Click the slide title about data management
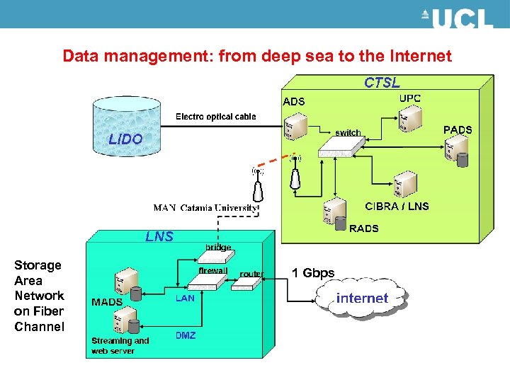[x=256, y=56]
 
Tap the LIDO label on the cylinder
[x=125, y=139]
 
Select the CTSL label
[x=382, y=83]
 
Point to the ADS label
[x=294, y=102]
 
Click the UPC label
[x=410, y=98]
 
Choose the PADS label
[x=458, y=129]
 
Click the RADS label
[x=364, y=228]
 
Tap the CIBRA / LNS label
[x=397, y=207]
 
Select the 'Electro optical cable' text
[x=216, y=117]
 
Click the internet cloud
[x=362, y=298]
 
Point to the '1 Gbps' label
[x=313, y=273]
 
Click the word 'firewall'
[x=212, y=271]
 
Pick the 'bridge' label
[x=218, y=248]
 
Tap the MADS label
[x=107, y=302]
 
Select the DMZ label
[x=186, y=335]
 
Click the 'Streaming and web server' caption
[x=120, y=345]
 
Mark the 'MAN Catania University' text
[x=206, y=208]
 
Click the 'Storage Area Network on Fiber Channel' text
[x=39, y=296]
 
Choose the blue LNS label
[x=159, y=236]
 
